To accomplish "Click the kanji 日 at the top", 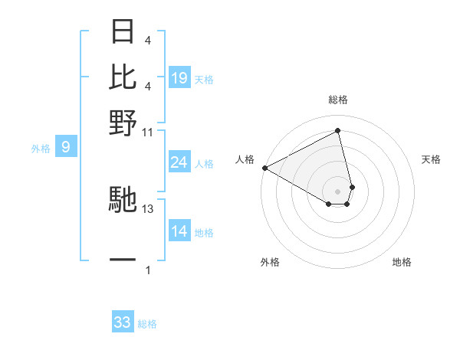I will click(123, 33).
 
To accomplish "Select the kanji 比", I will click(123, 77).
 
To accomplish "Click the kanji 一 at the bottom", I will click(123, 260).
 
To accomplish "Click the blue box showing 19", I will click(179, 77).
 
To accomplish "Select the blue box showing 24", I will click(179, 162).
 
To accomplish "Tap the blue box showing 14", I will click(179, 232).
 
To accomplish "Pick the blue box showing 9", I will click(66, 146).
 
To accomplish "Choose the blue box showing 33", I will click(123, 322).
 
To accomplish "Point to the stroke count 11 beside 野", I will click(148, 132).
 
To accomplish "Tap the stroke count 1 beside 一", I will click(148, 270).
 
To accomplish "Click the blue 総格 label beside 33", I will click(147, 324).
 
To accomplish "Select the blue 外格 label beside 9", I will click(41, 148).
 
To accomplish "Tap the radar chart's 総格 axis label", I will click(337, 100).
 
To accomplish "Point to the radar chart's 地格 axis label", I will click(402, 262).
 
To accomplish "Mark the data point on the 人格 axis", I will click(264, 168).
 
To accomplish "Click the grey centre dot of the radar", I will click(337, 191).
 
